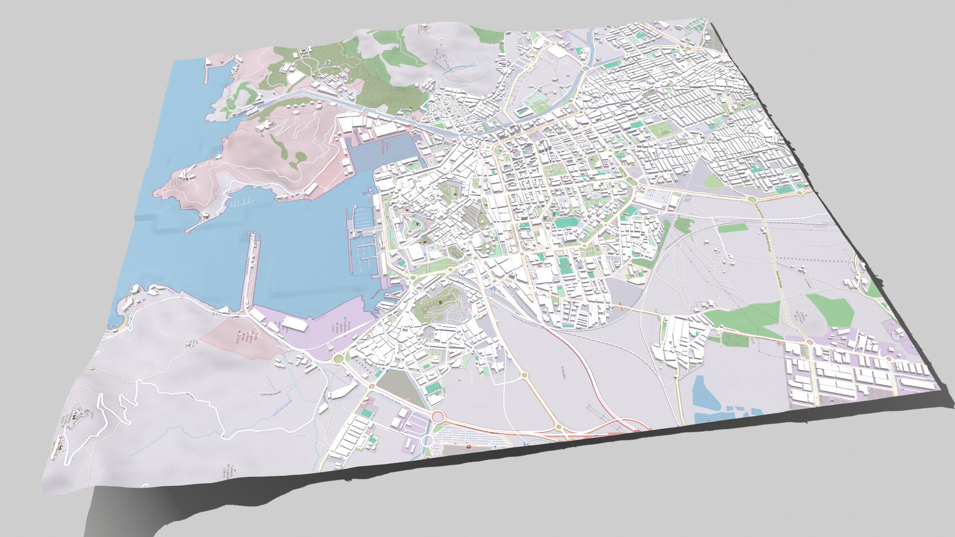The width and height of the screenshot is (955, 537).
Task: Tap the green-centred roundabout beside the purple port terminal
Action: pos(339,358)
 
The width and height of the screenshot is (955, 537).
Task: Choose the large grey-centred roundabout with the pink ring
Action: pos(437,416)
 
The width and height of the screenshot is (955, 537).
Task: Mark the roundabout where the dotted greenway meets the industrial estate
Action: pos(808,342)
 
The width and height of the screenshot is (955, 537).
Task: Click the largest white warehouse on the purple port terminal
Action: pos(294,323)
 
